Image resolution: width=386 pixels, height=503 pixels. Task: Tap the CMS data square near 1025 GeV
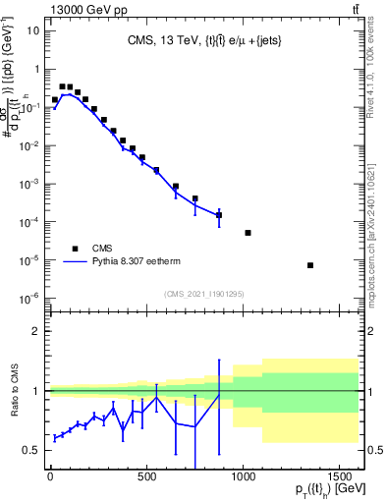[248, 233]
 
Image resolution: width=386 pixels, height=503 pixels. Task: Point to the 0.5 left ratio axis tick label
[30, 450]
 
